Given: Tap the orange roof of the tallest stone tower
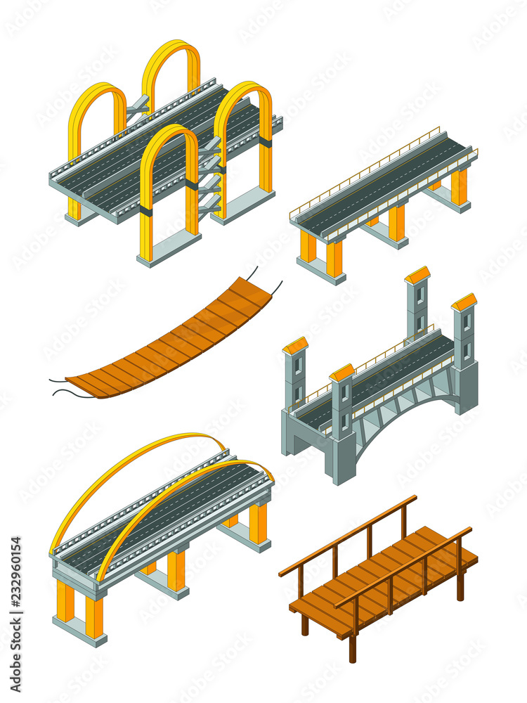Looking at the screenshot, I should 417,275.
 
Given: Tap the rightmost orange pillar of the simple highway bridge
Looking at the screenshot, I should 459,186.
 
